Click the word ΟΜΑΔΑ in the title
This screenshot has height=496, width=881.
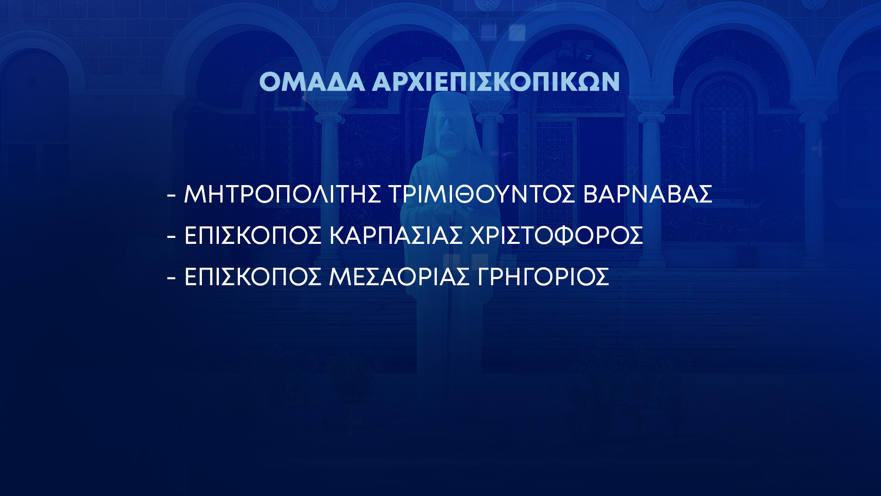pyautogui.click(x=312, y=82)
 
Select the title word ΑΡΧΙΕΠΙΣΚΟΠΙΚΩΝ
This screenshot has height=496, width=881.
pyautogui.click(x=496, y=82)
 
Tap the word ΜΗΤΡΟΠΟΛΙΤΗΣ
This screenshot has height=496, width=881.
pyautogui.click(x=282, y=194)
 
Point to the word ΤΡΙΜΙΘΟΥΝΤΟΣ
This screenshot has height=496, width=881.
pyautogui.click(x=482, y=194)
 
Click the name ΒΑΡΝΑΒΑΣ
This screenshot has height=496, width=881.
pyautogui.click(x=647, y=194)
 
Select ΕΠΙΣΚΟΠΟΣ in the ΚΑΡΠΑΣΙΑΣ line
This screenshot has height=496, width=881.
pyautogui.click(x=252, y=236)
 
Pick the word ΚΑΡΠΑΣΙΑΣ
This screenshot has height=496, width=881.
pyautogui.click(x=396, y=236)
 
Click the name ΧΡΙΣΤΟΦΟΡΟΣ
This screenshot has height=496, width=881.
pyautogui.click(x=557, y=236)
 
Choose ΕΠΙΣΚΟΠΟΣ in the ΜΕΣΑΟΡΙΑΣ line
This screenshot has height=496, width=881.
pyautogui.click(x=252, y=277)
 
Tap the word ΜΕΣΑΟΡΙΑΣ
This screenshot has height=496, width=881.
pyautogui.click(x=399, y=277)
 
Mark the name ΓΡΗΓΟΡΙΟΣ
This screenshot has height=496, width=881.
pyautogui.click(x=543, y=277)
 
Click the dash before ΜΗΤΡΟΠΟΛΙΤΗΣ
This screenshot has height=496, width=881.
pyautogui.click(x=172, y=196)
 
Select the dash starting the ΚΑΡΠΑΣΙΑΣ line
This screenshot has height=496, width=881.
pyautogui.click(x=172, y=237)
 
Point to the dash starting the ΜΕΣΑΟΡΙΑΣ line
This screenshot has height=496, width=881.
pyautogui.click(x=172, y=278)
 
